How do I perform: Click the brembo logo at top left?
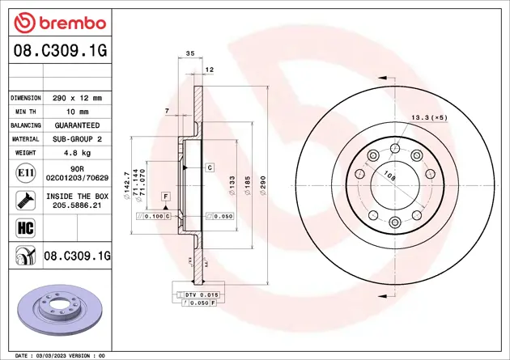[55, 22]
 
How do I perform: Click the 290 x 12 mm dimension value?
[77, 98]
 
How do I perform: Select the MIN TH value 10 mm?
[77, 112]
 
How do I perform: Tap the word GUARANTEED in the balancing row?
[77, 125]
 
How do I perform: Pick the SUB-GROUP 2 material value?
[77, 139]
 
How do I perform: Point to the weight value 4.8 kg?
[77, 153]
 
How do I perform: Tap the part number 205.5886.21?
[77, 206]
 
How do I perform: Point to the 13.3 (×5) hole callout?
[430, 117]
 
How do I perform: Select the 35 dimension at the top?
[190, 53]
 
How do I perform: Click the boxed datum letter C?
[209, 167]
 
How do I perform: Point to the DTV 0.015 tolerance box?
[202, 294]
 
